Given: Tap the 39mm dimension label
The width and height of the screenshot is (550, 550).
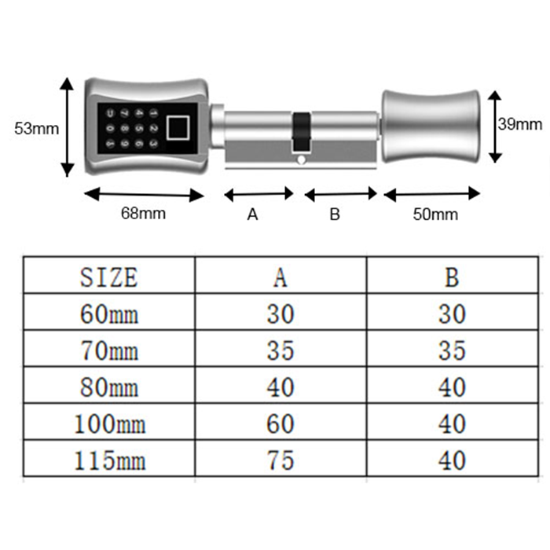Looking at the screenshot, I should coord(520,124).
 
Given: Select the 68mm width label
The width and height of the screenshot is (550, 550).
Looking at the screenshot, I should coord(143,213).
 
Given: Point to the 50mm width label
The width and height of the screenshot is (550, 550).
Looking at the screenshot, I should coord(434,214).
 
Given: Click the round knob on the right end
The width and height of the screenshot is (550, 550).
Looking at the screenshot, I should coord(430,126).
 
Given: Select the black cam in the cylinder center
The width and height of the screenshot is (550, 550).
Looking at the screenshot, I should coord(300,131).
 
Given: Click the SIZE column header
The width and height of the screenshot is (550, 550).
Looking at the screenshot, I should coord(109,277).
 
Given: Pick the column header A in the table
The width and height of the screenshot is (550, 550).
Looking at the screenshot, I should coord(280,277).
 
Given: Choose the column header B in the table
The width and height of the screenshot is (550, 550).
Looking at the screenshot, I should coord(452,277).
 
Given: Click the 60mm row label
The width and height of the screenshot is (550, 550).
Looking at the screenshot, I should coord(109,314).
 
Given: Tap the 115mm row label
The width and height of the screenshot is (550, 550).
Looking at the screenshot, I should coord(109,460).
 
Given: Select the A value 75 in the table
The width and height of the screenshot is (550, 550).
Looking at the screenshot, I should coord(280,460).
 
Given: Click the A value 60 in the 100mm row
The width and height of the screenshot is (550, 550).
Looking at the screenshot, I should coord(280,424).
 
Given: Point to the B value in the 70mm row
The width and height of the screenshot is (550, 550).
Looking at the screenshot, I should coord(452,350).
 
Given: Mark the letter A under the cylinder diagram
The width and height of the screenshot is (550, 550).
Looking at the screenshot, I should coord(253,214).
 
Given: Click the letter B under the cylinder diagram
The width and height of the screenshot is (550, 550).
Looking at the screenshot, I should coord(335,214).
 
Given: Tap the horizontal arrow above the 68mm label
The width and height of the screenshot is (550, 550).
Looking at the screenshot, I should coord(143,193).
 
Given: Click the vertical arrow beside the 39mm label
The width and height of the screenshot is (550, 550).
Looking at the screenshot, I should coord(493,126).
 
